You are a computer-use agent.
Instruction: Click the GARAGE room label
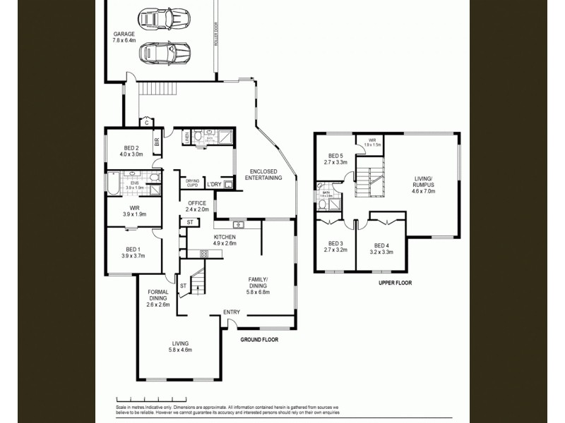coord(124,37)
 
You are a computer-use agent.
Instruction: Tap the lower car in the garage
coord(164,51)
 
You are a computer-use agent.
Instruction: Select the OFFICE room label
coord(197,206)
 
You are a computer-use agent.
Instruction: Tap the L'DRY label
coord(215,185)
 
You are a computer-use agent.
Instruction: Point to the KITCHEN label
coord(225,240)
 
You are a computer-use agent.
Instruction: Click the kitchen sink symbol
coord(239,225)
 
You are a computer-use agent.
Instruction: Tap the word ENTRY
coord(231,312)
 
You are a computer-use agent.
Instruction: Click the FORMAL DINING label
coord(157,298)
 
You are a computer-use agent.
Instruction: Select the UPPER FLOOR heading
coord(394,283)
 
